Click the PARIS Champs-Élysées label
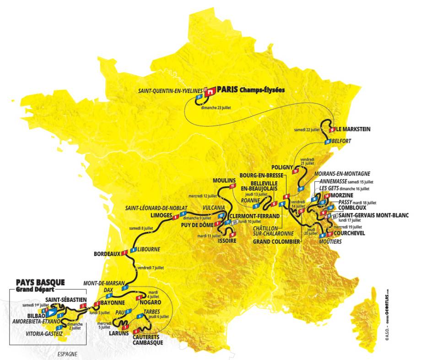tap(251, 90)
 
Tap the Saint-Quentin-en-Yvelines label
tap(170, 91)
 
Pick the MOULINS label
tap(224, 179)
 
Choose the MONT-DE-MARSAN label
tap(103, 283)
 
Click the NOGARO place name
tap(151, 303)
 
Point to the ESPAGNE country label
tap(66, 354)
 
